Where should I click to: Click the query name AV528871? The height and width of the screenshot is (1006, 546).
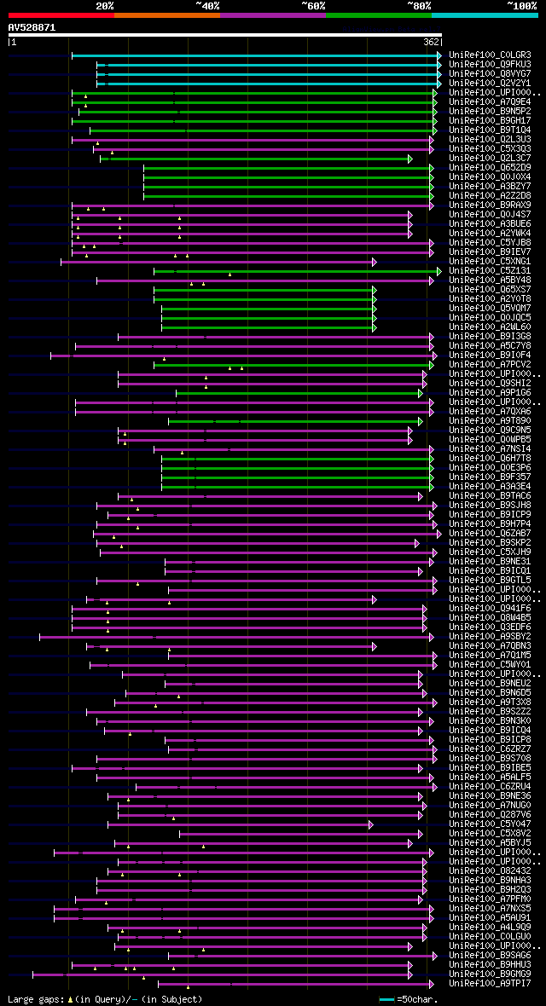tap(32, 27)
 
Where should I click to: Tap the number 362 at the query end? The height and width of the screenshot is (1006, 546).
tap(432, 41)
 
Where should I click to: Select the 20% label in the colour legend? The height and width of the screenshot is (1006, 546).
tap(105, 5)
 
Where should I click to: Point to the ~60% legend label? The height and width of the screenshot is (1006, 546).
tap(313, 5)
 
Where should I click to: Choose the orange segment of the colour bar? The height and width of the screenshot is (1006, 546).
tap(166, 14)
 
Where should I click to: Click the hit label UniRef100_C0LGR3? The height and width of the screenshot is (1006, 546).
tap(491, 55)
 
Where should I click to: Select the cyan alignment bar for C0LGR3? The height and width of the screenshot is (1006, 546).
tap(256, 55)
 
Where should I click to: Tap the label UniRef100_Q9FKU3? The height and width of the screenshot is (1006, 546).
tap(491, 65)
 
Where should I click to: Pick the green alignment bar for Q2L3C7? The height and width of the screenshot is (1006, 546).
tap(256, 159)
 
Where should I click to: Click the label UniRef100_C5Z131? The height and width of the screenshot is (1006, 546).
tap(491, 271)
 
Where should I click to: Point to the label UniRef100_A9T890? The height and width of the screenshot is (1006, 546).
tap(491, 421)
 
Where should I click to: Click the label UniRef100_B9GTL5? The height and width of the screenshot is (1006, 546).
tap(491, 581)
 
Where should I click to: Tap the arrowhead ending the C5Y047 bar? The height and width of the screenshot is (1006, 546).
tap(371, 824)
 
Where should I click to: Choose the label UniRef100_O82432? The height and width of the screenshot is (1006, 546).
tap(491, 871)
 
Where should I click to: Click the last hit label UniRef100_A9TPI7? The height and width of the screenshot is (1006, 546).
tap(491, 984)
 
